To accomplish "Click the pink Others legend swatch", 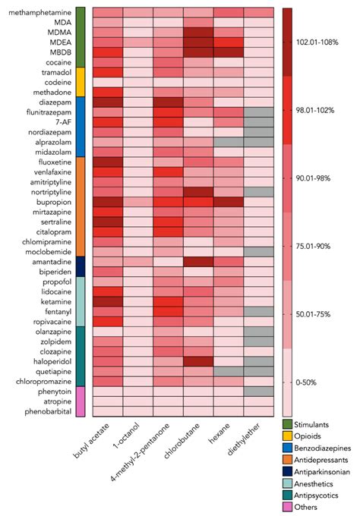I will pos(287,505).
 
